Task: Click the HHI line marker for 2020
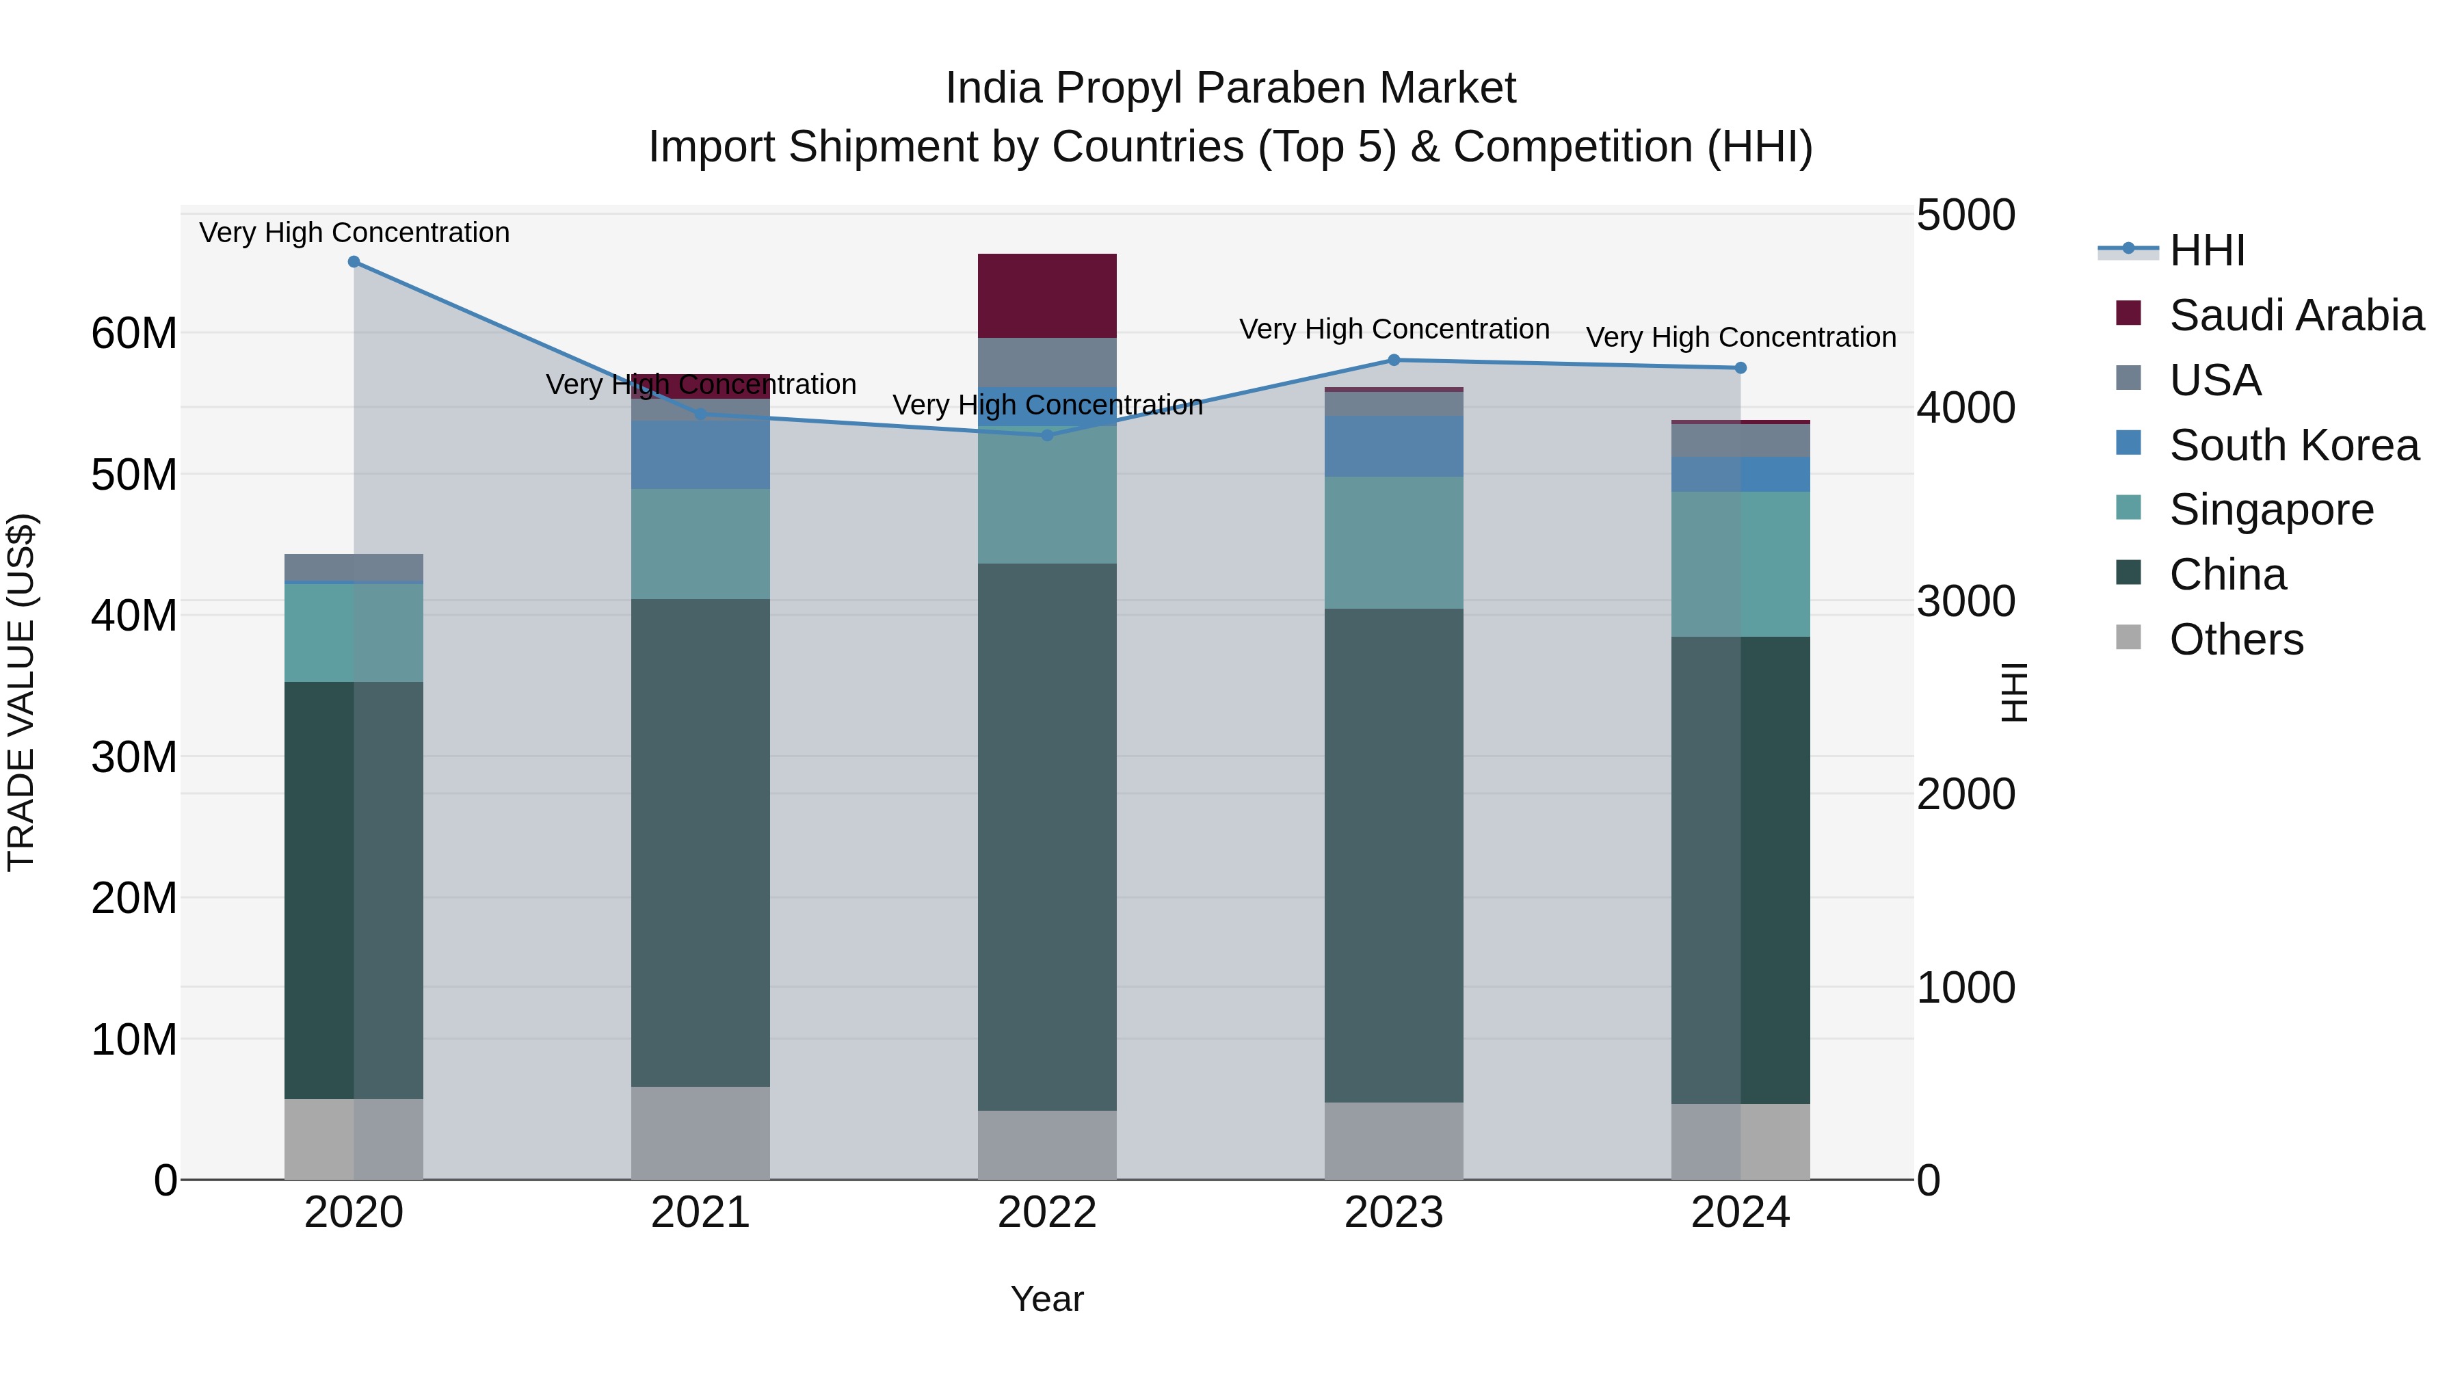[x=354, y=262]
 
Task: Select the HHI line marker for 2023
[x=1394, y=360]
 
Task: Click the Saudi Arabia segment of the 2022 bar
[x=1046, y=295]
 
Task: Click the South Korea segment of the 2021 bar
[x=700, y=455]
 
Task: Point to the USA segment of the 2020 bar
[x=354, y=567]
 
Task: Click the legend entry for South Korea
[x=2294, y=445]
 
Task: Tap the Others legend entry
[x=2236, y=639]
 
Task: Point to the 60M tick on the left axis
[x=134, y=334]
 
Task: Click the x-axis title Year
[x=1046, y=1299]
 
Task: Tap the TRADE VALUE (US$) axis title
[x=21, y=692]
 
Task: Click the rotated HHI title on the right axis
[x=2014, y=692]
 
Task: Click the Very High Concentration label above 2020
[x=354, y=233]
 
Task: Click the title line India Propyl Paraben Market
[x=1230, y=88]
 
